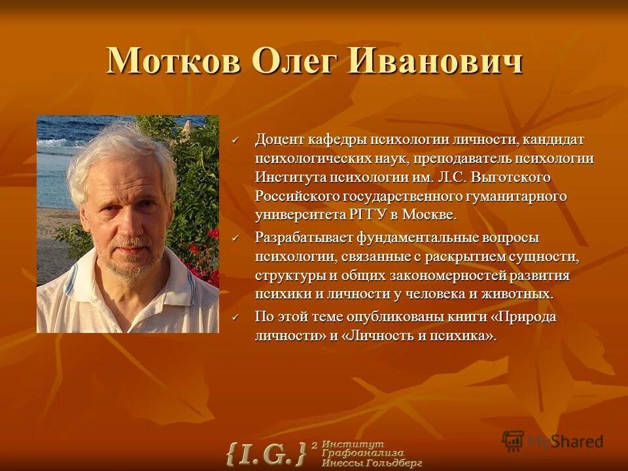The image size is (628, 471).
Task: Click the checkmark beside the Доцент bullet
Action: pos(237,140)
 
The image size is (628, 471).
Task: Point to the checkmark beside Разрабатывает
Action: pos(237,238)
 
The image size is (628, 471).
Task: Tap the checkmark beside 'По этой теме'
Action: pos(237,317)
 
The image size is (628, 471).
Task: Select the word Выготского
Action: pos(517,177)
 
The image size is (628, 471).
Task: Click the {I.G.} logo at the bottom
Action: pos(266,451)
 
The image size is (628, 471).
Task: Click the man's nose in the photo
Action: pos(123,222)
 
